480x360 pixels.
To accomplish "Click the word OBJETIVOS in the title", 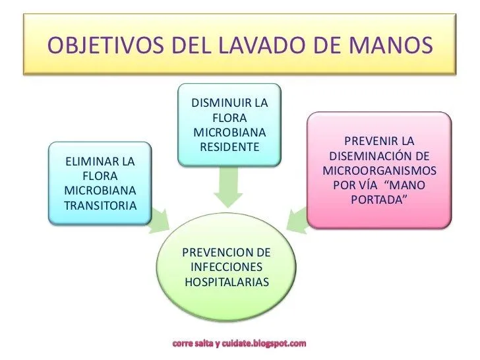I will (104, 47).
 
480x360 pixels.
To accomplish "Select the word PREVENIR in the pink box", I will (373, 142).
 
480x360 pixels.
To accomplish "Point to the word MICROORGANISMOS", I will (380, 170).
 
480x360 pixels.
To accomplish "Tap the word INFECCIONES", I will (226, 268).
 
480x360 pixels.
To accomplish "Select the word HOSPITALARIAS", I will (227, 282).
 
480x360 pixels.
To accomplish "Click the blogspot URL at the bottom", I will (240, 344).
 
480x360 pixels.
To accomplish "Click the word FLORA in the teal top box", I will (229, 118).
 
